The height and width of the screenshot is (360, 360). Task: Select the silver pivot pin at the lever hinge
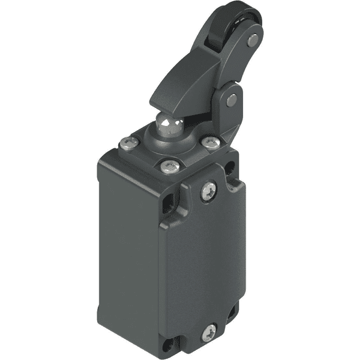point(232,101)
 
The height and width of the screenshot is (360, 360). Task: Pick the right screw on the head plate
point(209,142)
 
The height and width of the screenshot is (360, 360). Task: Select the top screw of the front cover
point(209,190)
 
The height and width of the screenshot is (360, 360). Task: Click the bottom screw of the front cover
point(208,331)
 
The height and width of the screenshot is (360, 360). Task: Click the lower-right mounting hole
point(233,312)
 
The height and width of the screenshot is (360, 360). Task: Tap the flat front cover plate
point(204,264)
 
